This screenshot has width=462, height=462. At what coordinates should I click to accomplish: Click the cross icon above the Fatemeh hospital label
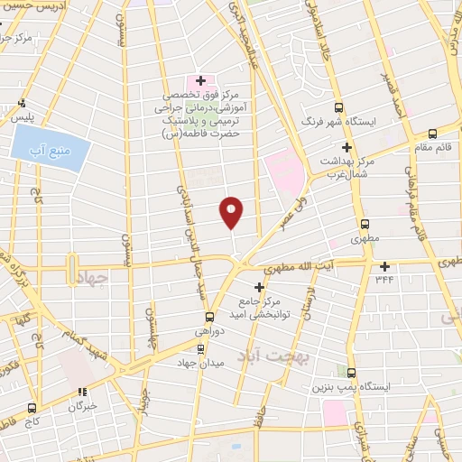pos(201,81)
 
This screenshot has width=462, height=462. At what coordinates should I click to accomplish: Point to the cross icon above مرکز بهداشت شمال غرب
pos(346,146)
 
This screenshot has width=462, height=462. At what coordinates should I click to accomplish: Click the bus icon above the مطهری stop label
pos(365,225)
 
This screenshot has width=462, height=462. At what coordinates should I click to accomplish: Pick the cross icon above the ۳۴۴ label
pos(385,266)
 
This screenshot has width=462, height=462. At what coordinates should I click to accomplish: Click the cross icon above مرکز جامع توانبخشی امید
pos(259,287)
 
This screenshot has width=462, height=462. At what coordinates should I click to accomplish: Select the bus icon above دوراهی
pos(209,317)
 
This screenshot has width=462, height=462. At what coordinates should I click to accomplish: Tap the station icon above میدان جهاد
pos(200,347)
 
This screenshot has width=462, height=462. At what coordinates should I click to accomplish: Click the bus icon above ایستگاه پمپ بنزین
pos(350,373)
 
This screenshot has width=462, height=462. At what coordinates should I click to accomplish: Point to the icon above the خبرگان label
pos(82,393)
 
